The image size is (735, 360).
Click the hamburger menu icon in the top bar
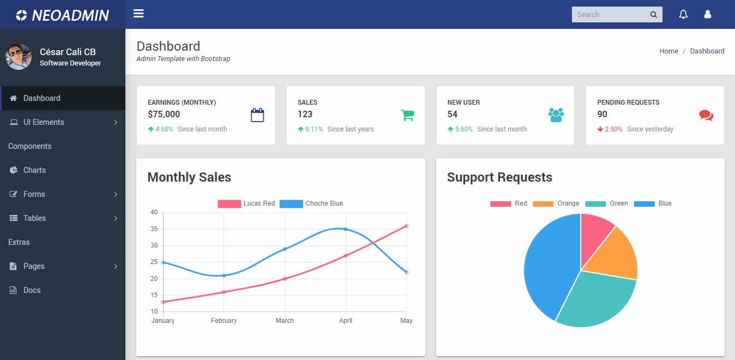[x=138, y=14]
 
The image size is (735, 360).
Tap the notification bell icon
[x=683, y=15]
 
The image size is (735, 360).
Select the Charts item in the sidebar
[x=34, y=170]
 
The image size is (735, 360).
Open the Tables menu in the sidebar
[x=34, y=218]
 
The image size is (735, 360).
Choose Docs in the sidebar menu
[x=32, y=290]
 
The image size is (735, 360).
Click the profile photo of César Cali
[x=19, y=57]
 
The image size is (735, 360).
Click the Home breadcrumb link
[x=668, y=51]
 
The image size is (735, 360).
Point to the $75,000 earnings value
[x=164, y=114]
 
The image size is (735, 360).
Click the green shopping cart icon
[x=407, y=115]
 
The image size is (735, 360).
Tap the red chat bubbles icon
[x=706, y=115]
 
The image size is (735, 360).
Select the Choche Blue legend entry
[x=311, y=203]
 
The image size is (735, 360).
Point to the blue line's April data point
[x=346, y=229]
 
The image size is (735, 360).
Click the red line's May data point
[x=406, y=226]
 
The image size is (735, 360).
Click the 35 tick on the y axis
[x=154, y=229]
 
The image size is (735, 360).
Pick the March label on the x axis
[x=285, y=321]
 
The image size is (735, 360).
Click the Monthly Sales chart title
[x=189, y=177]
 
